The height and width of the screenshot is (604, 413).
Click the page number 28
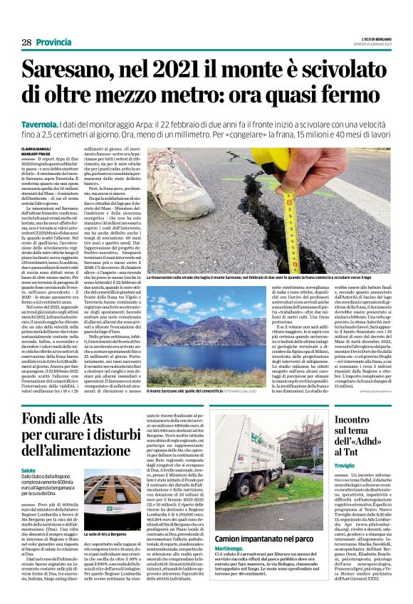tap(26, 43)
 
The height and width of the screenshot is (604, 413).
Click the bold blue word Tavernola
tap(44, 124)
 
